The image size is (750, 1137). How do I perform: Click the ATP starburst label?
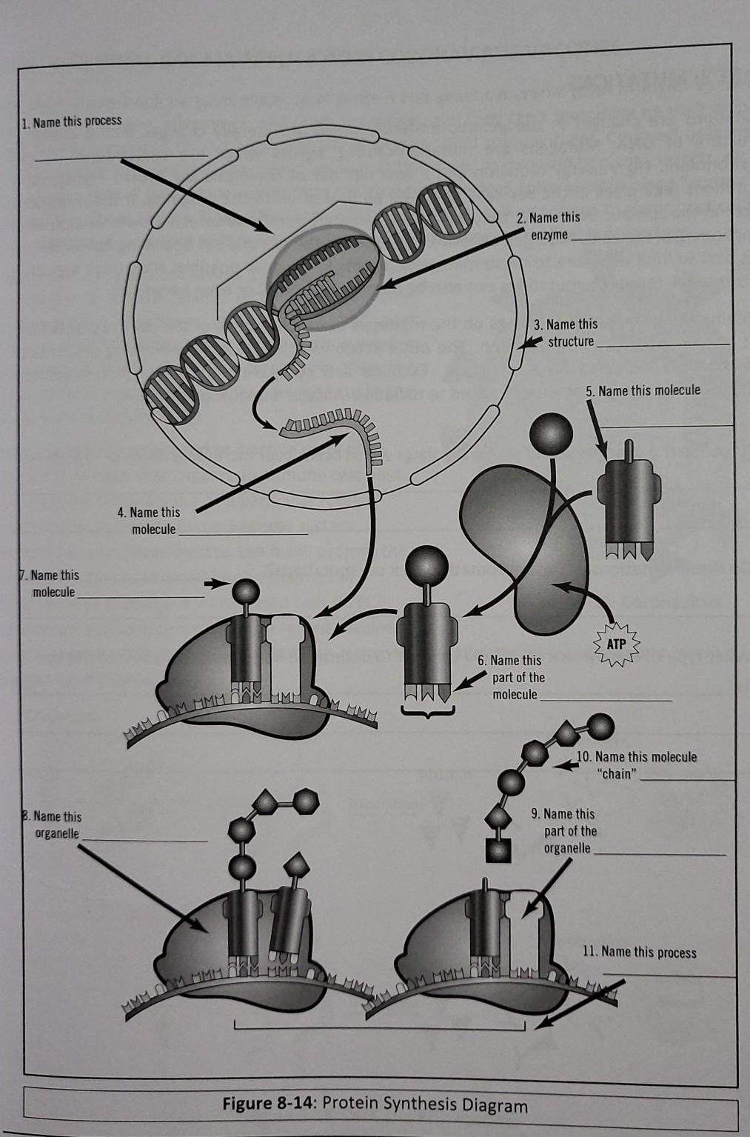(x=615, y=644)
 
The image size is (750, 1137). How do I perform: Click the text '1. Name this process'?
(x=72, y=121)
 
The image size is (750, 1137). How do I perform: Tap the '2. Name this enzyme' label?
(x=549, y=226)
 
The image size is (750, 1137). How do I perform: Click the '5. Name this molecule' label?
(x=643, y=390)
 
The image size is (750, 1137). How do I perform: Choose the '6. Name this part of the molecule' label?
(x=515, y=677)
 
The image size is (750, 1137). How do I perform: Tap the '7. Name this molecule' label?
(x=54, y=584)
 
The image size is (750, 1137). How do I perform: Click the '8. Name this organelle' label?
(x=56, y=824)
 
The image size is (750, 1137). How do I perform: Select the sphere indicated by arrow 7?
(x=247, y=590)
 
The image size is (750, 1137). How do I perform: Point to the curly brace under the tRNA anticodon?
(x=426, y=712)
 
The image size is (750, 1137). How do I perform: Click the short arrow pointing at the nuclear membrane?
(x=527, y=342)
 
